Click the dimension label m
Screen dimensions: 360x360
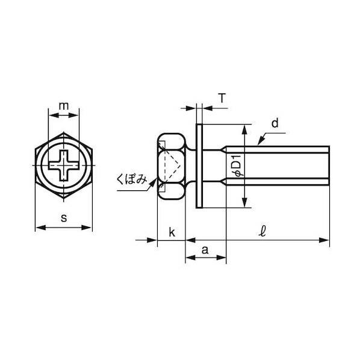coord(64,106)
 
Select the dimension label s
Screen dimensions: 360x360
coord(64,218)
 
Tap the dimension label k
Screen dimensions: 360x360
coord(172,232)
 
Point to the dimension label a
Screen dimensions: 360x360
coord(205,250)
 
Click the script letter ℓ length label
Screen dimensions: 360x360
coord(262,231)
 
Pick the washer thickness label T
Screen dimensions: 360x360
coord(222,98)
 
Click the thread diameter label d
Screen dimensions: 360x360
coord(275,123)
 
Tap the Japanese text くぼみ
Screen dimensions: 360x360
coord(132,179)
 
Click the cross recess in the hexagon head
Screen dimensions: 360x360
coord(64,166)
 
